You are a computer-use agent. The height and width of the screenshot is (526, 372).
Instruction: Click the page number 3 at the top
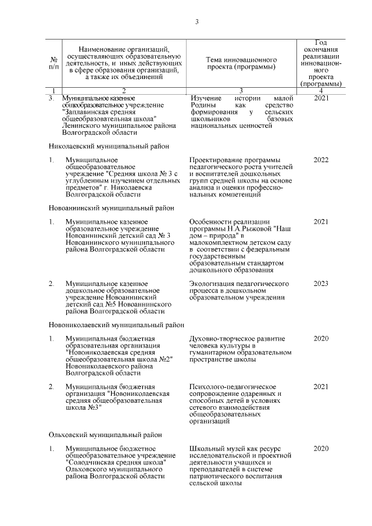tap(196, 22)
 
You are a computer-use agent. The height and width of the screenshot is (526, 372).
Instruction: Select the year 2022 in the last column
tap(321, 160)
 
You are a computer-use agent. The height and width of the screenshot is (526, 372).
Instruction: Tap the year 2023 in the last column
tap(321, 284)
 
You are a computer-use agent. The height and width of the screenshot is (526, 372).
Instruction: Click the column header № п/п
tap(54, 63)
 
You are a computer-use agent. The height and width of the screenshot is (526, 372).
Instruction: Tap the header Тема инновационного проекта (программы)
tap(241, 63)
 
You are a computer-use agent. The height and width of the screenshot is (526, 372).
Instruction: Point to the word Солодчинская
tap(90, 462)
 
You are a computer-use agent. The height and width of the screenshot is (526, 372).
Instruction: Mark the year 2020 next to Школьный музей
tap(321, 448)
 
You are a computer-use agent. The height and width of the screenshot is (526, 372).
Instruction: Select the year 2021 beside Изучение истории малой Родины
tap(321, 98)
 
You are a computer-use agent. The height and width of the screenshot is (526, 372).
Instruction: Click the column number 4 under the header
tap(321, 90)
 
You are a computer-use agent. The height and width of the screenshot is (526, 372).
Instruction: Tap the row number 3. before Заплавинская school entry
tap(52, 98)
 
